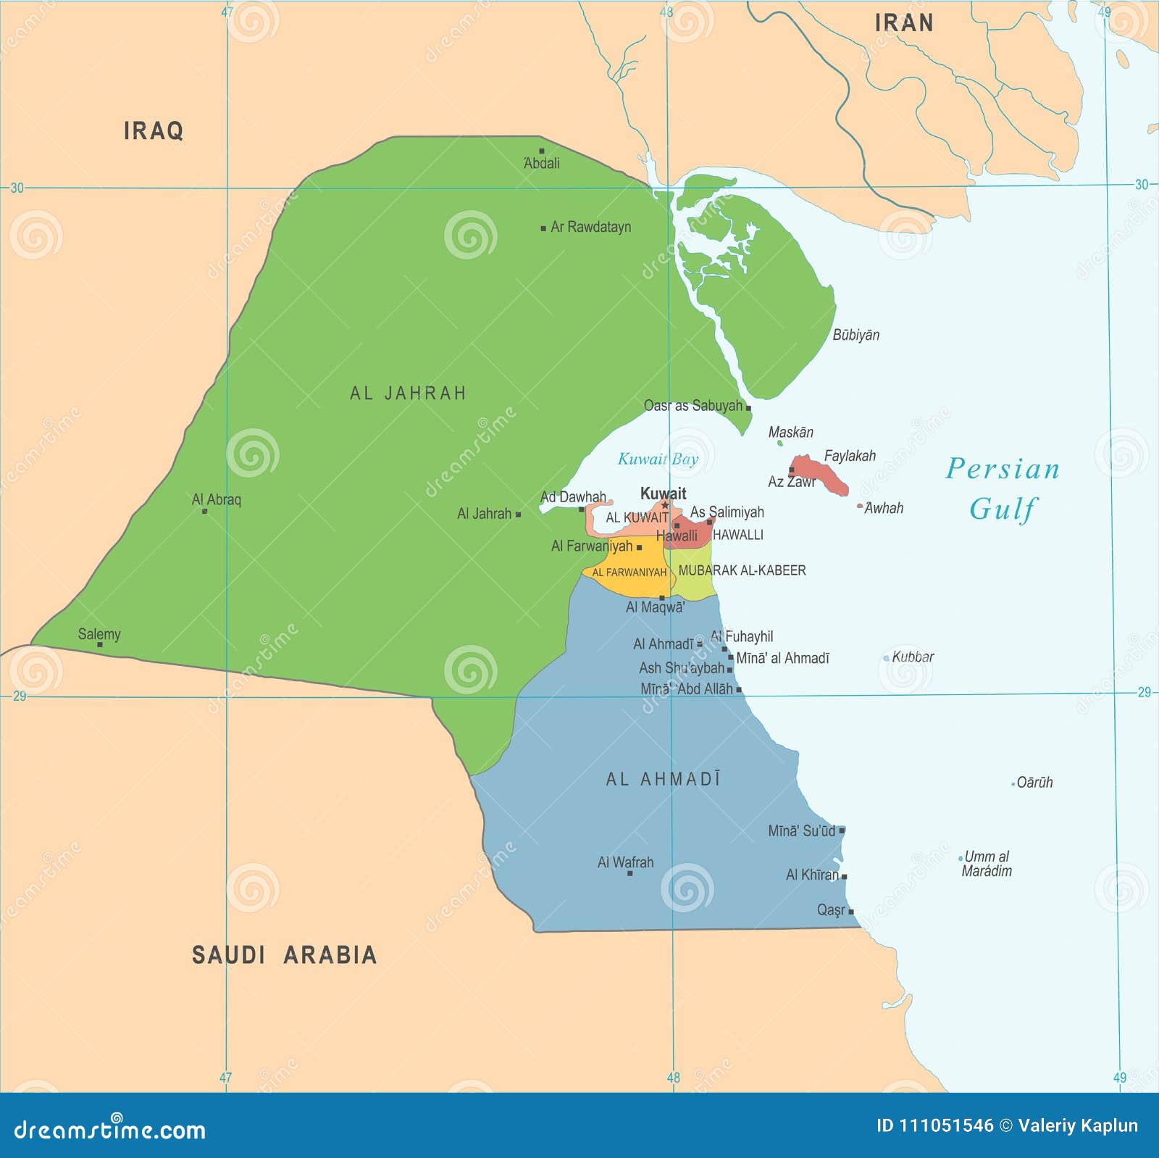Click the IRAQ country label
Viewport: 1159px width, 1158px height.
pos(154,131)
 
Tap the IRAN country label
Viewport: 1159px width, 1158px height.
pos(903,23)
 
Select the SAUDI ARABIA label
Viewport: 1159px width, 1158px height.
pos(284,954)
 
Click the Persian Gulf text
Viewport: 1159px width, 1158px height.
pos(1003,488)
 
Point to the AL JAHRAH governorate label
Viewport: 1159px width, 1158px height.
pos(408,393)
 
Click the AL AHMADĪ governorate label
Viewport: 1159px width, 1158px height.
pos(663,780)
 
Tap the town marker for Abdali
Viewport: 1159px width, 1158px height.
pos(541,151)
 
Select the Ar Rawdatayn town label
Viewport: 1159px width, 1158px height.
pos(590,227)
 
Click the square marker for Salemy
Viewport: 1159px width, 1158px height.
pos(100,644)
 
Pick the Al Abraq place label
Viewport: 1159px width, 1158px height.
pos(216,499)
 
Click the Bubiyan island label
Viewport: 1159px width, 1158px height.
pos(855,335)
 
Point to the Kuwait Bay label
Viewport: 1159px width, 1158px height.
pos(658,459)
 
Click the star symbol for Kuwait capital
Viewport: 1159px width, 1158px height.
pos(665,505)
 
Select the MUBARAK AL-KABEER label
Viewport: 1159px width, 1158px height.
pos(742,570)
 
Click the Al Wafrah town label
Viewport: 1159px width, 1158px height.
pos(625,862)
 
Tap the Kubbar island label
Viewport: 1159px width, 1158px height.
pos(913,657)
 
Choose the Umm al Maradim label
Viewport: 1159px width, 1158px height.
pos(987,864)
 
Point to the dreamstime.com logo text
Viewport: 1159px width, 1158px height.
pos(110,1130)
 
